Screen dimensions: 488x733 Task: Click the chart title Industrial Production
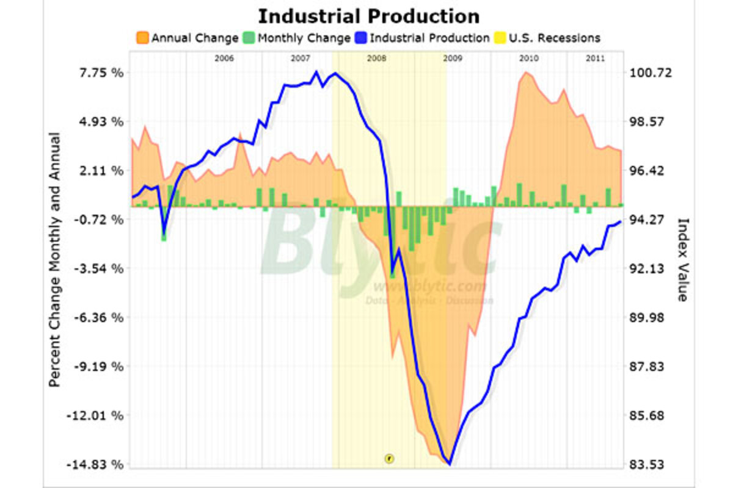[x=368, y=16]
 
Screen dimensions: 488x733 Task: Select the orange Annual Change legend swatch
[x=142, y=38]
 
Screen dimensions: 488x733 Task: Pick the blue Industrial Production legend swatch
[x=360, y=38]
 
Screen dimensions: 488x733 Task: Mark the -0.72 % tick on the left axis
[x=98, y=220]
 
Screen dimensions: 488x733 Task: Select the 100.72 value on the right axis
[x=650, y=73]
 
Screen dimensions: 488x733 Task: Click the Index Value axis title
[x=682, y=259]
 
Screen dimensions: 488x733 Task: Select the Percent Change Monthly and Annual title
[x=54, y=259]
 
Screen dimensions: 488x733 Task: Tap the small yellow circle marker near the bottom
[x=388, y=457]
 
